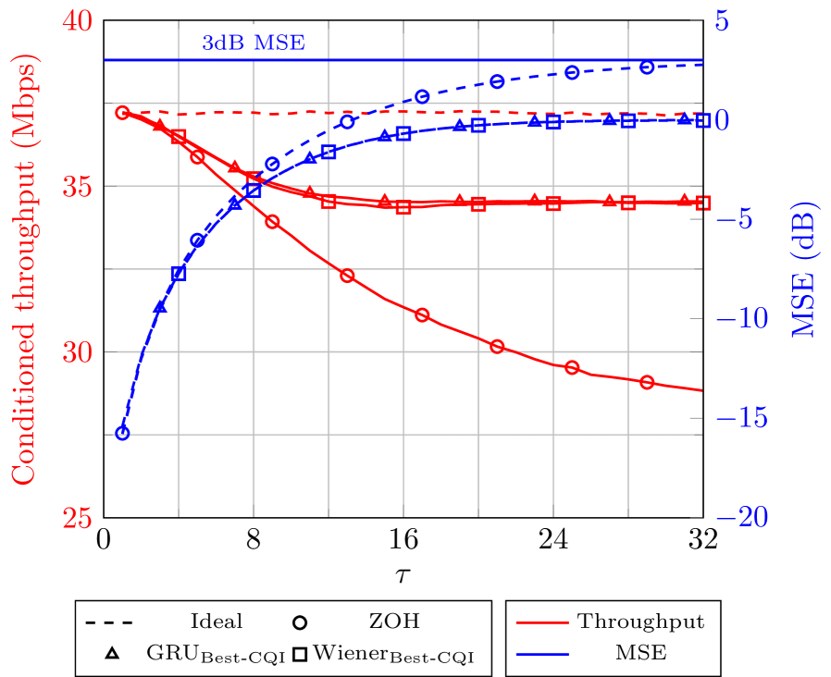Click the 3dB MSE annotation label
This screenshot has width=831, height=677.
coord(253,43)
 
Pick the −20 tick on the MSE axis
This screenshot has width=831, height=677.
coord(740,518)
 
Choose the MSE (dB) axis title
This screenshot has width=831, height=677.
coord(804,268)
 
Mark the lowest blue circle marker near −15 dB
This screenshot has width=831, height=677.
coord(122,433)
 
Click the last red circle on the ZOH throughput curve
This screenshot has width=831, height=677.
coord(647,382)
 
